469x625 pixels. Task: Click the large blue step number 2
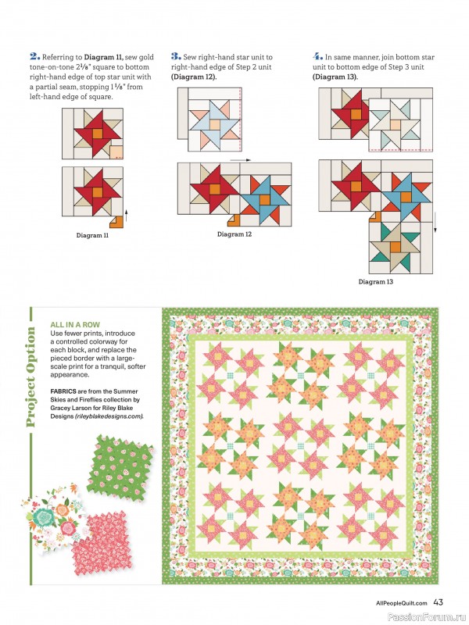[34, 56]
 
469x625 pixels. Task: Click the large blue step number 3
[176, 56]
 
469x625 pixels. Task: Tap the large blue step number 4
[317, 56]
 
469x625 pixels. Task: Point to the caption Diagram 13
[375, 281]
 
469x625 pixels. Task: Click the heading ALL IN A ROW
[74, 323]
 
